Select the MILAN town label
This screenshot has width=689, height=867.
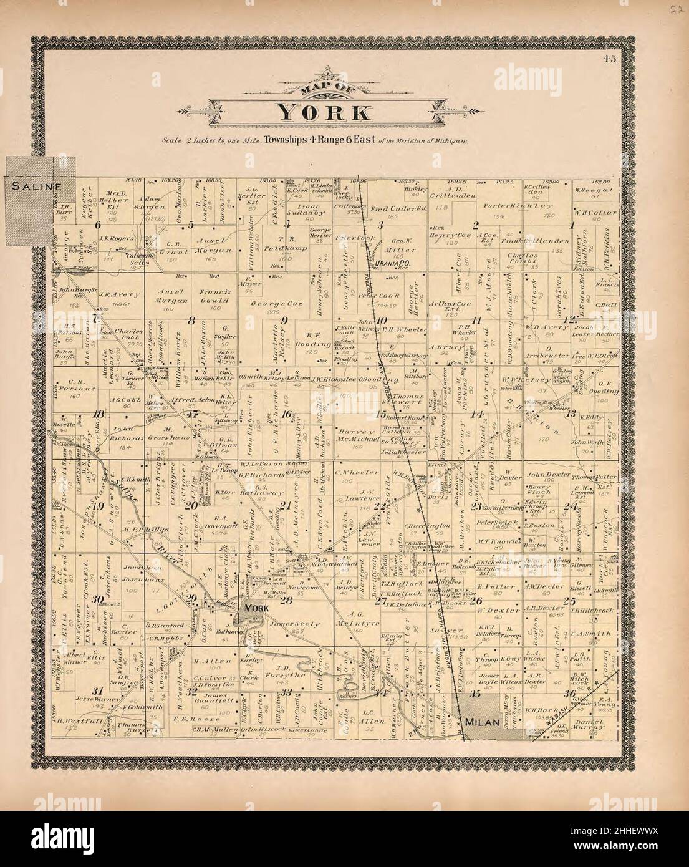482,722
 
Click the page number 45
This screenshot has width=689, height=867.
609,60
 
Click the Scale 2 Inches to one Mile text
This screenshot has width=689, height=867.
211,141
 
